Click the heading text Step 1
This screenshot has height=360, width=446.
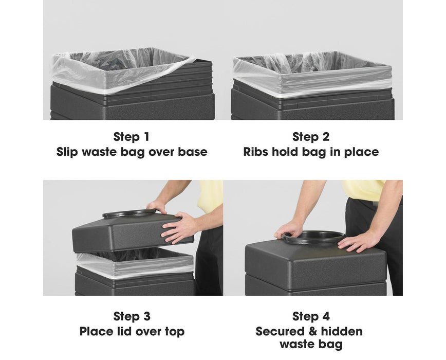(x=131, y=137)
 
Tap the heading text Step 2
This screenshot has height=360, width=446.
(x=311, y=137)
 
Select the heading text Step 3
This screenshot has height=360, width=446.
(x=132, y=316)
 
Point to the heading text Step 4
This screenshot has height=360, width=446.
(x=311, y=316)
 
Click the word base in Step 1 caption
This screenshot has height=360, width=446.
(x=193, y=152)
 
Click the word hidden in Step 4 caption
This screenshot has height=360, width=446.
(x=342, y=331)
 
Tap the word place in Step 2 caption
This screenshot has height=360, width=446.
(x=362, y=152)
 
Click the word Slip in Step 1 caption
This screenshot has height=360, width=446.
(x=67, y=152)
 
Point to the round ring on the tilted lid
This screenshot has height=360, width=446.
(x=129, y=213)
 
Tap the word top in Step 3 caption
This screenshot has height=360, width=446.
(x=175, y=332)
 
